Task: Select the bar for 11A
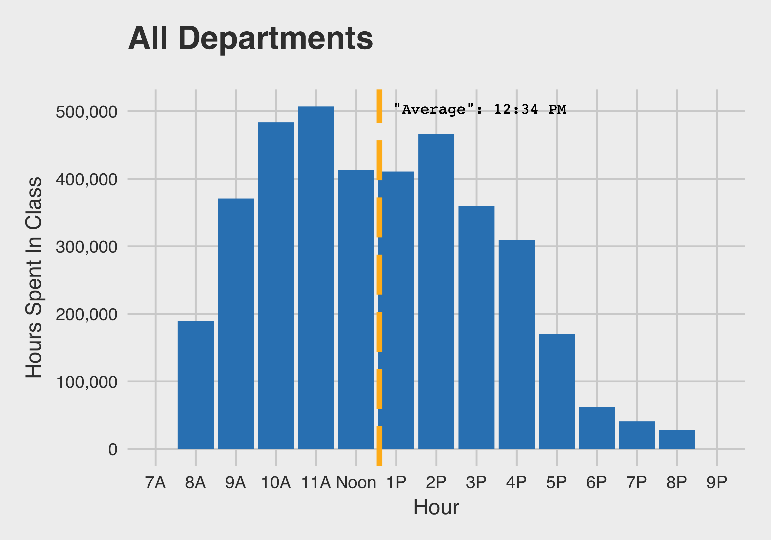pyautogui.click(x=316, y=277)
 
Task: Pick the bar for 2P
pyautogui.click(x=436, y=292)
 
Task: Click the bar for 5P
pyautogui.click(x=556, y=391)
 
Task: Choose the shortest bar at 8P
pyautogui.click(x=677, y=439)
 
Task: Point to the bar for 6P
pyautogui.click(x=597, y=428)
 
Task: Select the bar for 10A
pyautogui.click(x=276, y=286)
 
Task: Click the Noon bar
pyautogui.click(x=356, y=309)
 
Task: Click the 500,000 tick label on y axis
pyautogui.click(x=87, y=112)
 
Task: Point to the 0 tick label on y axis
pyautogui.click(x=113, y=449)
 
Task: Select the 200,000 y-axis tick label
pyautogui.click(x=87, y=315)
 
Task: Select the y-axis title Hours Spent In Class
pyautogui.click(x=34, y=277)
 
